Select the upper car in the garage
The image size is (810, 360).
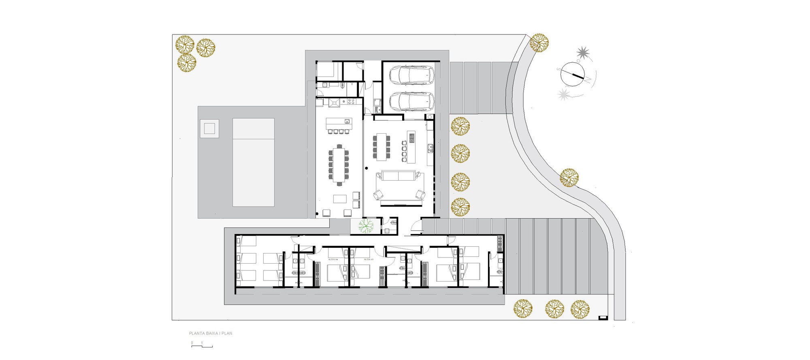point(411,75)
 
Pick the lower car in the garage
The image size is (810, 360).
point(411,101)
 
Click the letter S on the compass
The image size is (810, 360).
point(558,69)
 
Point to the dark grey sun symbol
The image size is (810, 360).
point(583,52)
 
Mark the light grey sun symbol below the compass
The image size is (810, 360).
point(563,95)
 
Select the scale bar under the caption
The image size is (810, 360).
point(202,346)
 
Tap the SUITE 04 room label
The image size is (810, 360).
point(333,259)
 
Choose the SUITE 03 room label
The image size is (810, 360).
point(369,259)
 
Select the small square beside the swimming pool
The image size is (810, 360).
point(209,129)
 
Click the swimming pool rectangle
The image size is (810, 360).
point(254,162)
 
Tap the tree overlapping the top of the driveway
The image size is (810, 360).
point(539,43)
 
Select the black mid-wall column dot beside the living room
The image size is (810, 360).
point(367,168)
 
